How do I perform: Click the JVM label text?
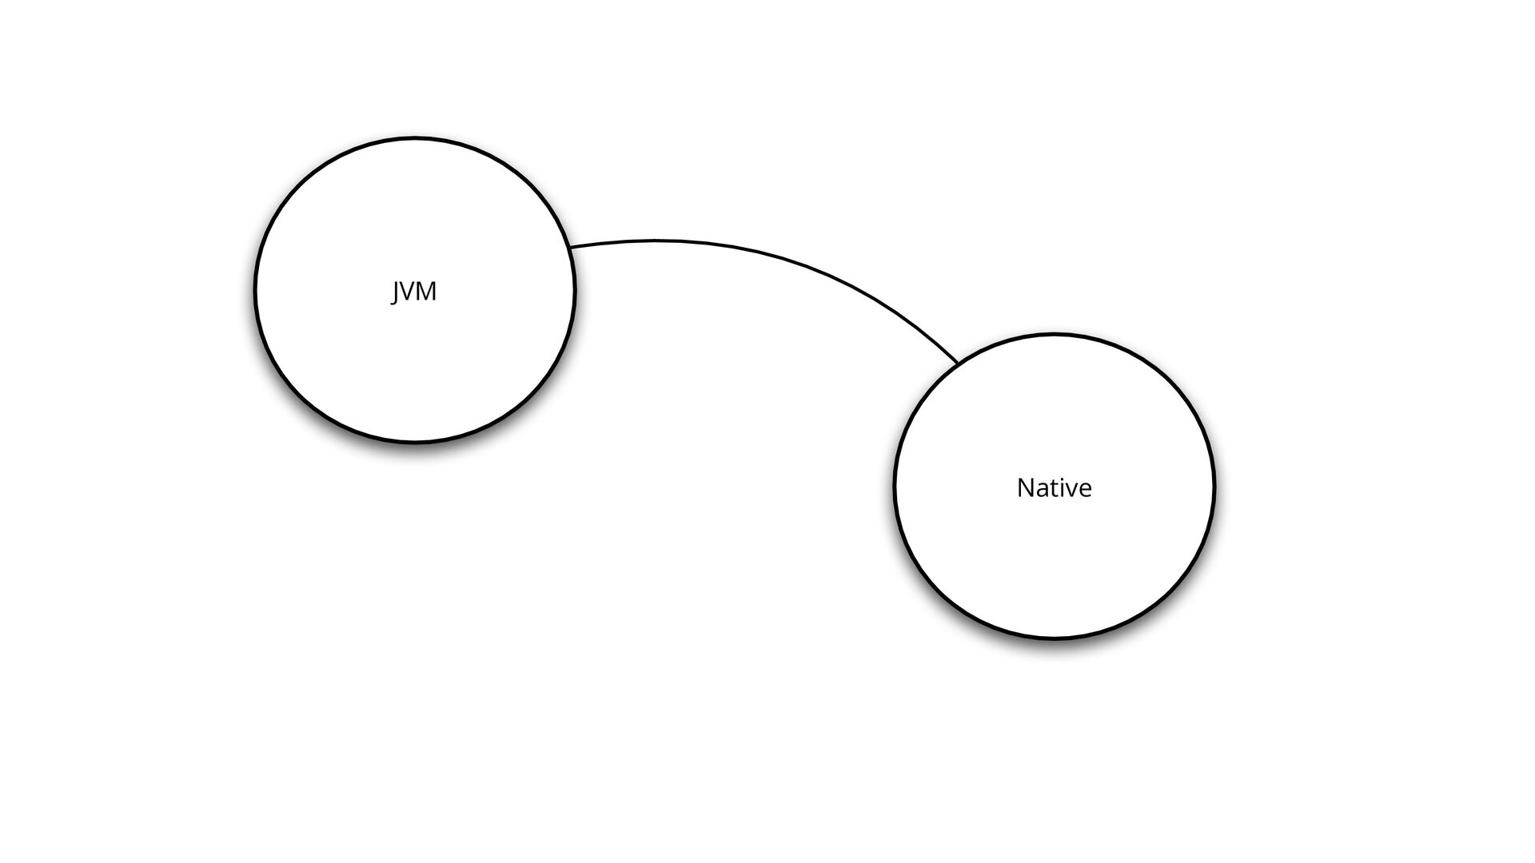pyautogui.click(x=414, y=292)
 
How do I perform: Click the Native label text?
pyautogui.click(x=1054, y=487)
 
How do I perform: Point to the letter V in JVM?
pyautogui.click(x=407, y=292)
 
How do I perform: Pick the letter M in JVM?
pyautogui.click(x=426, y=292)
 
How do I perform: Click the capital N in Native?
pyautogui.click(x=1025, y=487)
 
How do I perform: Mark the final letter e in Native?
pyautogui.click(x=1085, y=489)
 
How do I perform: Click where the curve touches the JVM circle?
pyautogui.click(x=570, y=247)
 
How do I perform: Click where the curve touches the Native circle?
pyautogui.click(x=958, y=364)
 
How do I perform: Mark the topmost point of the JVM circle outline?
pyautogui.click(x=415, y=137)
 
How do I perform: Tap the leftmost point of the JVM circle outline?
pyautogui.click(x=256, y=289)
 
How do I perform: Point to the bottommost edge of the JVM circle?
pyautogui.click(x=415, y=440)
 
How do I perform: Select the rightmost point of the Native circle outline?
pyautogui.click(x=1214, y=486)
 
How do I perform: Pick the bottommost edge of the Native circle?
pyautogui.click(x=1054, y=638)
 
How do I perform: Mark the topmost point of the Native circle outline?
pyautogui.click(x=1054, y=335)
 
